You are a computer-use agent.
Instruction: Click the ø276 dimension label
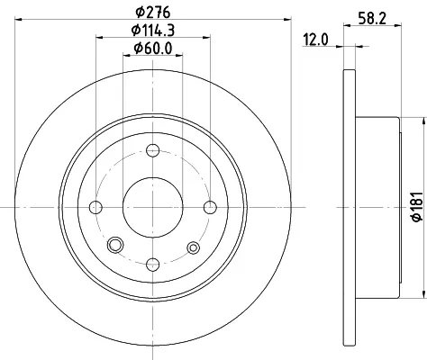pyautogui.click(x=153, y=12)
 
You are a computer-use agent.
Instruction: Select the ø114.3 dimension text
pyautogui.click(x=153, y=30)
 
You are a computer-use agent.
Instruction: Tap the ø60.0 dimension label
pyautogui.click(x=153, y=48)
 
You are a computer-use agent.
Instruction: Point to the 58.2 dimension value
pyautogui.click(x=372, y=19)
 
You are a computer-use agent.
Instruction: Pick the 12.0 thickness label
pyautogui.click(x=315, y=40)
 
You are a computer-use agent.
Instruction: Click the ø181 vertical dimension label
pyautogui.click(x=417, y=207)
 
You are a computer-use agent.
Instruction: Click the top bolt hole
pyautogui.click(x=152, y=150)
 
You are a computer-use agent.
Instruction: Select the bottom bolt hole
pyautogui.click(x=152, y=265)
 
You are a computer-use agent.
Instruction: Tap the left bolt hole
pyautogui.click(x=95, y=207)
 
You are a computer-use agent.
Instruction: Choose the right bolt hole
pyautogui.click(x=210, y=207)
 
